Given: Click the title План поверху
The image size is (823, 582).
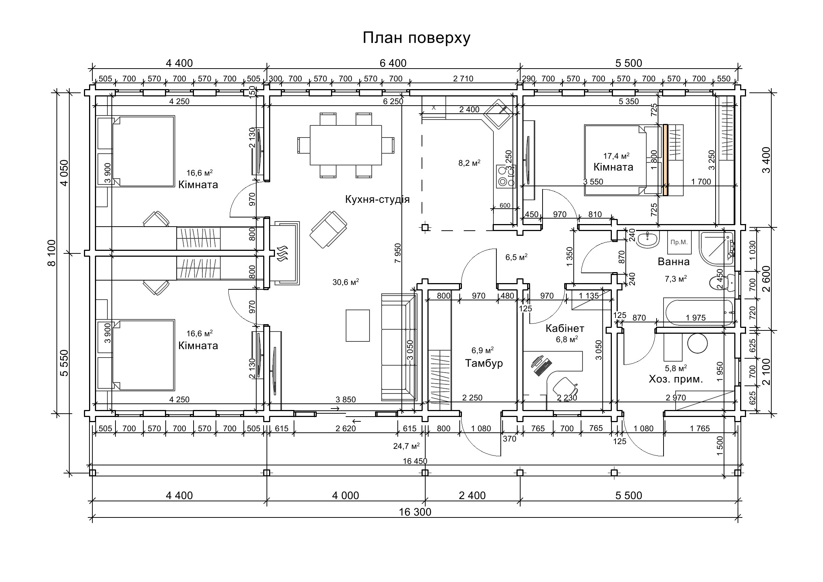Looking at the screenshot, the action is pos(416,38).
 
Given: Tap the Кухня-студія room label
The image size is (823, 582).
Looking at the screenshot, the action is pos(377,199).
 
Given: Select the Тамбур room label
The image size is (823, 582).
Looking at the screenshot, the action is pos(484,363).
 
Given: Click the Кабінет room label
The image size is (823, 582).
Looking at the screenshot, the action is pos(565,328).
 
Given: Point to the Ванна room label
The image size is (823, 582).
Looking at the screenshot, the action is pos(674,261).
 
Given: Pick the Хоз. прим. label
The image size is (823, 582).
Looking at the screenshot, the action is pos(676,379).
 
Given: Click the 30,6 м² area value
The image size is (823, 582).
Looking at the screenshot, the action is pos(346,282).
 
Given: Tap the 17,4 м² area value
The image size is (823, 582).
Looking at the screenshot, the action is pos(617,156).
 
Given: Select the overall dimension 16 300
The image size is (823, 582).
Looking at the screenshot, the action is pos(415,512).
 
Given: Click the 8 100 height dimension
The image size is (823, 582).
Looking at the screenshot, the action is pos(52,253).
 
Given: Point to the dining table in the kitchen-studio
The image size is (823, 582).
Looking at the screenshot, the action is pos(346,145).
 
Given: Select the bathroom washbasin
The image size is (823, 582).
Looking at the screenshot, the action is pos(648,239).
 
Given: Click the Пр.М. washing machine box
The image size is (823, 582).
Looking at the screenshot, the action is pos(679,242).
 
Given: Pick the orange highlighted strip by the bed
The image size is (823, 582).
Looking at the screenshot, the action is pos(665,160).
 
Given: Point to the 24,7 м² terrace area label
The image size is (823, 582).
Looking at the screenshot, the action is pos(406,446).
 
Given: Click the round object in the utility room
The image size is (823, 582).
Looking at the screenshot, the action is pos(697,344).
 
